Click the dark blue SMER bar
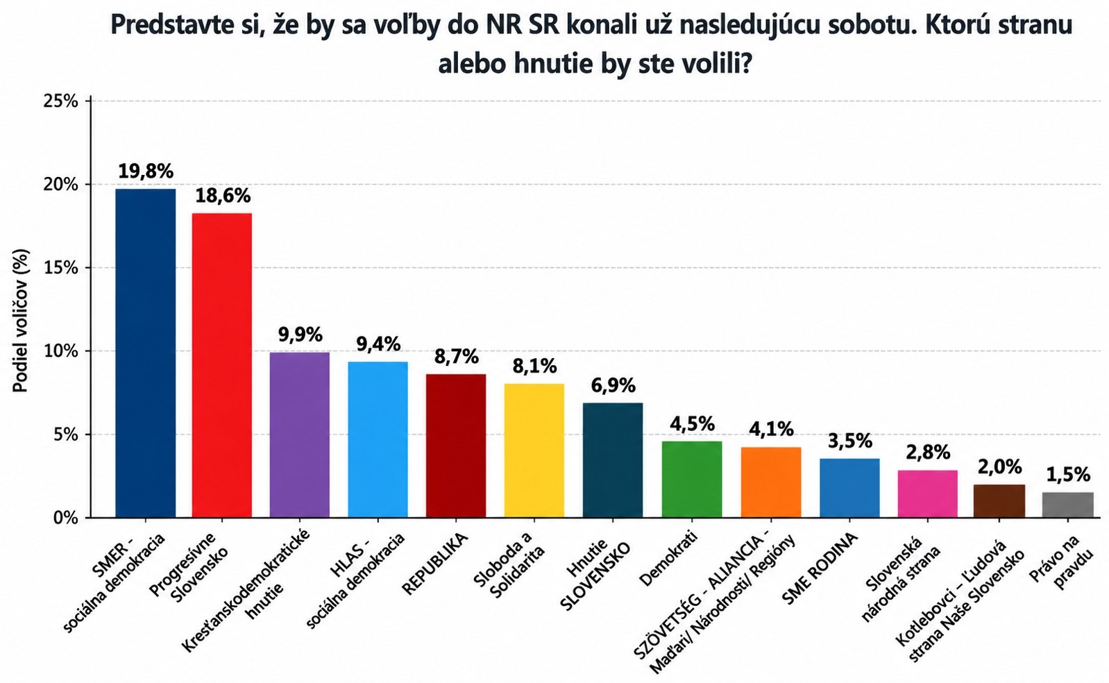pos(146,353)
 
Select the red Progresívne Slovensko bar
pos(222,366)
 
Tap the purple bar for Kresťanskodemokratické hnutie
pos(300,435)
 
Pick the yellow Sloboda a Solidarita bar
pos(534,450)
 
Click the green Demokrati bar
pos(692,480)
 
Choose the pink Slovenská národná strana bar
pos(928,494)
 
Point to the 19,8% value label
pos(146,171)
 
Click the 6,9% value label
pos(613,385)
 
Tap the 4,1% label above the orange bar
pos(771,430)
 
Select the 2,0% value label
pos(999,466)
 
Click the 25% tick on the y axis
pos(61,101)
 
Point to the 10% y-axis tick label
pos(61,351)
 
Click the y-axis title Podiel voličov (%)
pos(20,321)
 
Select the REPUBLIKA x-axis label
pos(435,564)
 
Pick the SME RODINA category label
pos(819,569)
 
